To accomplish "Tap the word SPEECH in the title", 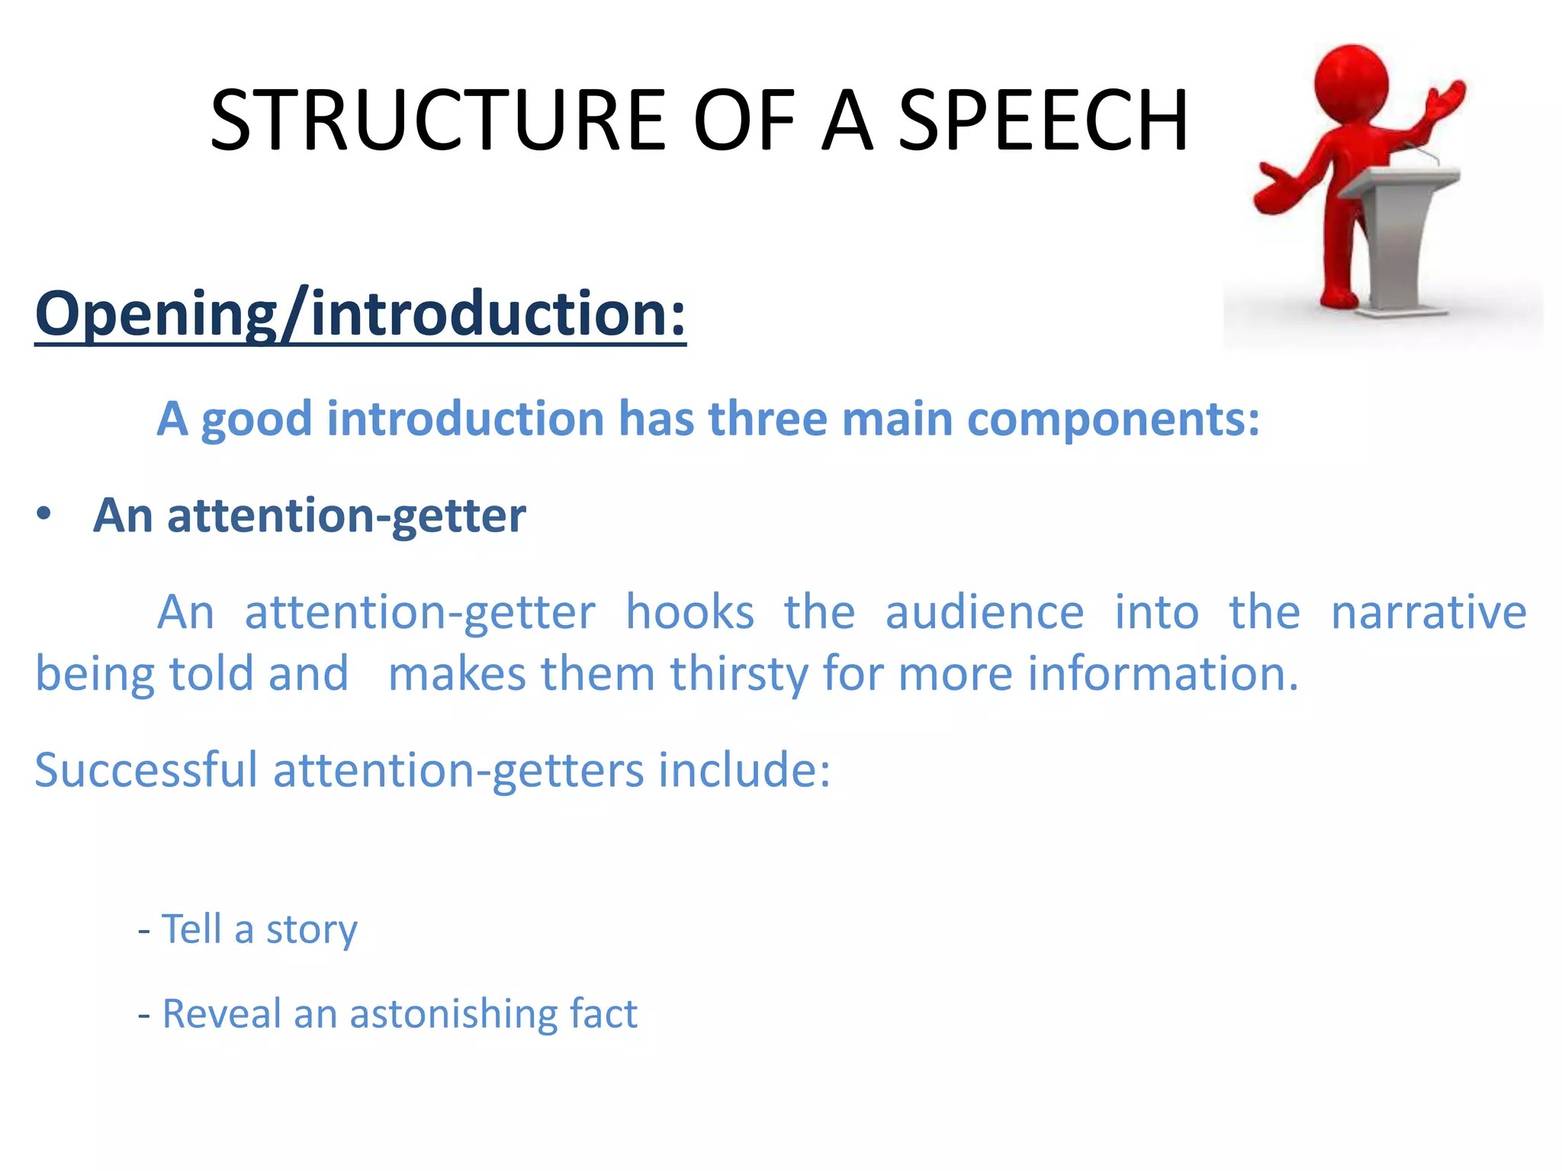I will (1043, 120).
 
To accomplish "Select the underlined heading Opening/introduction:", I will (360, 314).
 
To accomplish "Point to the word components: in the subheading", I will (1113, 420).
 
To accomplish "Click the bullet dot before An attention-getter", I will (44, 515).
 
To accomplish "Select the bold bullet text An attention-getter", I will (309, 516).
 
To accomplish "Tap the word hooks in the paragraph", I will (689, 612).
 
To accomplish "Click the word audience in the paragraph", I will (984, 612).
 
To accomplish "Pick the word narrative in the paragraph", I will (1428, 612).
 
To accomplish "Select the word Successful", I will (146, 770).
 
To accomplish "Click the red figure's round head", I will (1351, 80).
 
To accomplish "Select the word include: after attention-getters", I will (744, 770).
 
